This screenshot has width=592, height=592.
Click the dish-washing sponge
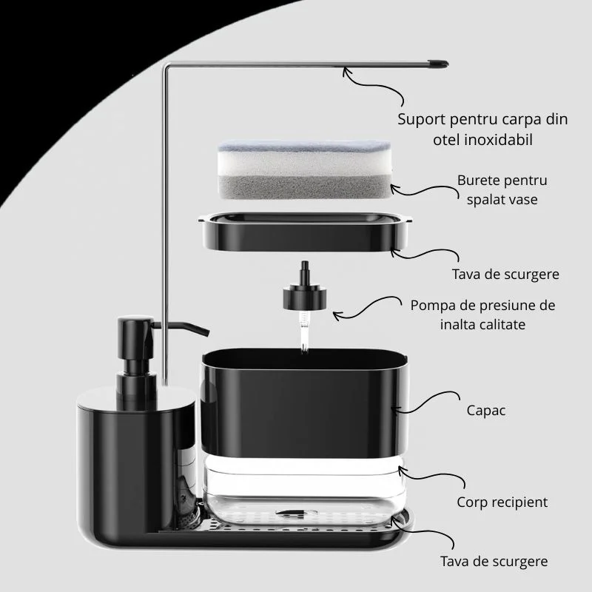305,169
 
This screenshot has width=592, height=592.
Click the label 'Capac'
486,411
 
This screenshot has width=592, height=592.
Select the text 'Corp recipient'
502,502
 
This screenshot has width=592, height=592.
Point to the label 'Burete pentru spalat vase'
502,190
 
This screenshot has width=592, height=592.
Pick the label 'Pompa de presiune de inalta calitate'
483,315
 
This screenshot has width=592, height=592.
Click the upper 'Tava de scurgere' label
505,274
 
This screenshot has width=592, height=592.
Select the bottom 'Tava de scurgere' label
494,562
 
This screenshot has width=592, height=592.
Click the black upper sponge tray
305,232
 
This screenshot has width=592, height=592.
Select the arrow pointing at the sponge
423,191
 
